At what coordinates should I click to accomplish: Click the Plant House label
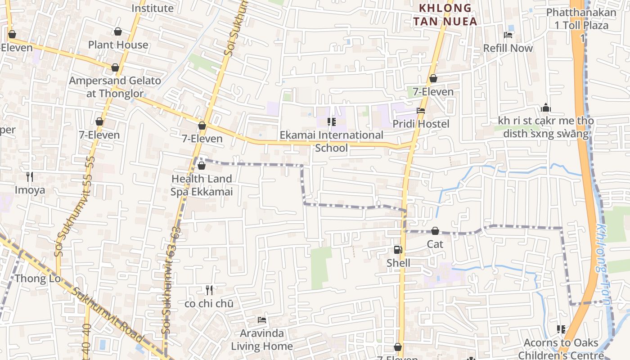click(x=118, y=45)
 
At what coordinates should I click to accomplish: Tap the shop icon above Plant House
click(x=118, y=31)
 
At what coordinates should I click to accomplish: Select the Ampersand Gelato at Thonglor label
click(x=115, y=87)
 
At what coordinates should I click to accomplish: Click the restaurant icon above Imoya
click(x=30, y=176)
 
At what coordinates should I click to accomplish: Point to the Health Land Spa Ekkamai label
click(x=202, y=185)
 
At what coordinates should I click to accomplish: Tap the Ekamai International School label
click(x=332, y=141)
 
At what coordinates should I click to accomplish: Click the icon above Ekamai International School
click(x=332, y=121)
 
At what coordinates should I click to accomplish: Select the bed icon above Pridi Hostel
click(x=421, y=110)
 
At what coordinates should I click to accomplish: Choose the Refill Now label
click(x=508, y=48)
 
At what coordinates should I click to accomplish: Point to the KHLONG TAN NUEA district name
click(x=445, y=14)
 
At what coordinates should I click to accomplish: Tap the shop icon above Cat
click(x=435, y=231)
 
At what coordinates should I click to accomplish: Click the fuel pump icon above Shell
click(x=398, y=250)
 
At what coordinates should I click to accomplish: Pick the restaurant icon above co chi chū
click(x=209, y=290)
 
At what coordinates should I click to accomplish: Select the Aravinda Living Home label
click(x=262, y=340)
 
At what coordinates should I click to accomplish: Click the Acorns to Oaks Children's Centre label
click(x=561, y=349)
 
